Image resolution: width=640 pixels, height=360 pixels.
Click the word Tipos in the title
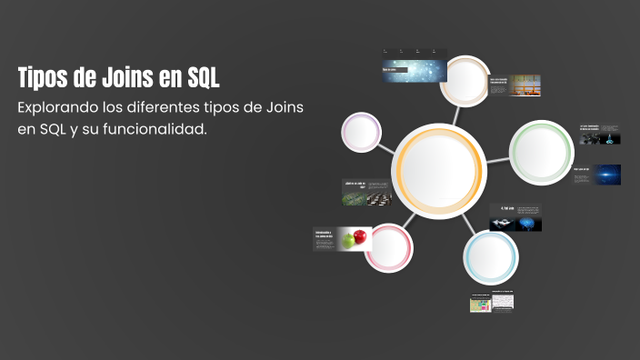coord(45,77)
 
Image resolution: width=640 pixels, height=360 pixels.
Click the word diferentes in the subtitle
coord(170,108)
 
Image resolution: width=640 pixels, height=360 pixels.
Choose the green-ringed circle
coord(541,146)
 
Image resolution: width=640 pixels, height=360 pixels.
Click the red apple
coord(360,236)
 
